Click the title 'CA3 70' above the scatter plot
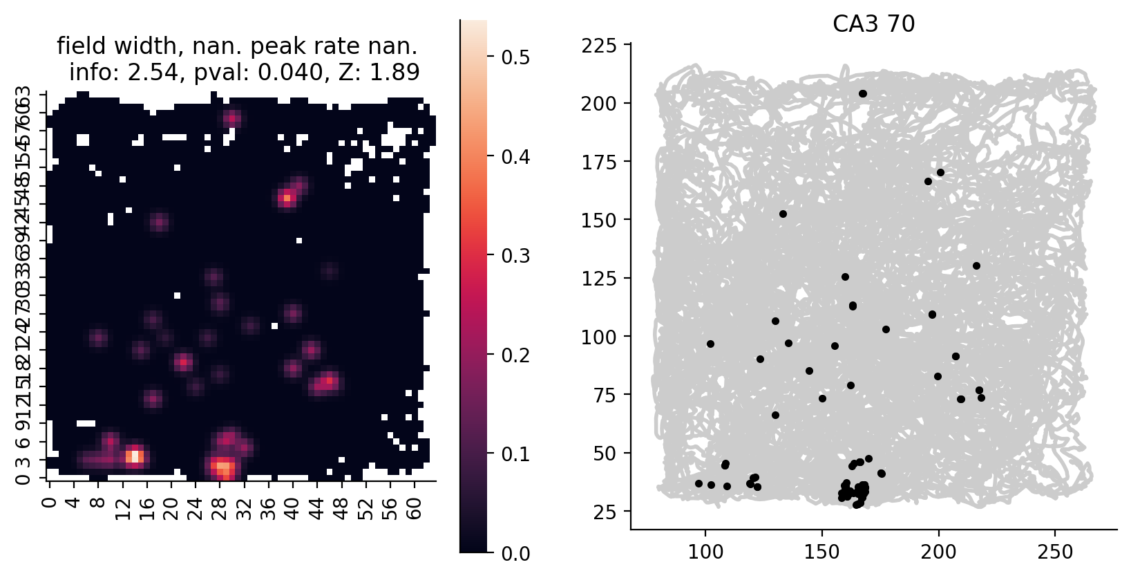873,24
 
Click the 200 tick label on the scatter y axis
598,104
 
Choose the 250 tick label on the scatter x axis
1055,552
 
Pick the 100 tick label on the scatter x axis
705,552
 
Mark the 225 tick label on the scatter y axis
598,46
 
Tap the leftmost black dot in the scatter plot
698,484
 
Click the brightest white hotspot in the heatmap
135,456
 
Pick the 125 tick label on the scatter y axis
598,279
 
